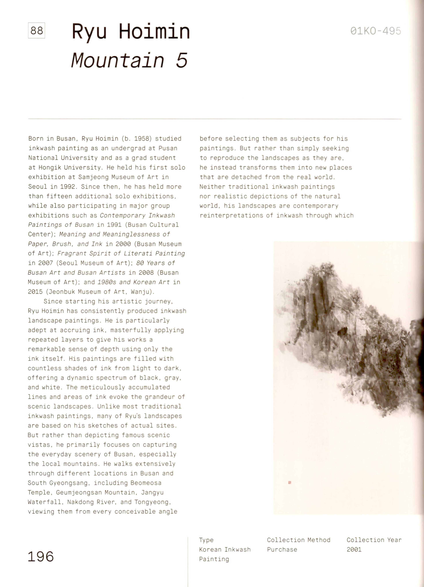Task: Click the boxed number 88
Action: coord(36,31)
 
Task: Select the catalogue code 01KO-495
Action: coord(376,31)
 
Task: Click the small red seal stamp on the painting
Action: coord(289,482)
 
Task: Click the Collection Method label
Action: coord(299,540)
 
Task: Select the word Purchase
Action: coord(282,550)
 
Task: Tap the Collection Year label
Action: coord(374,540)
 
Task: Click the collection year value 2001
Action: coord(354,550)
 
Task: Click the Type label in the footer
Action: coord(206,540)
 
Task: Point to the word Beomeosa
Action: coord(146,483)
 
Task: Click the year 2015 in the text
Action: coord(35,292)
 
